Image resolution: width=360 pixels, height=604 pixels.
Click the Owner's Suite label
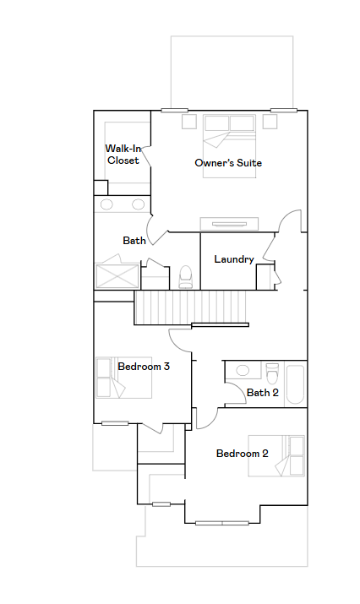point(228,163)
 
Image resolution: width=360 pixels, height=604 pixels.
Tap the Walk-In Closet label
point(123,155)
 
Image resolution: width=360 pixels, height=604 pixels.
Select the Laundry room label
point(234,259)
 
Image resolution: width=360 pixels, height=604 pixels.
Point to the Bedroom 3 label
point(144,367)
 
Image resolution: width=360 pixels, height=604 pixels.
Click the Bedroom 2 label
point(242,454)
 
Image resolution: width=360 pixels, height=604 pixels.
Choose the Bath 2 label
point(263,393)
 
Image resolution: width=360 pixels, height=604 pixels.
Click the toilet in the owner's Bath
point(186,276)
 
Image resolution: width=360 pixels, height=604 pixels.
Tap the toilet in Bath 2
point(272,373)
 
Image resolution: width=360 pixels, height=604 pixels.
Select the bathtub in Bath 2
point(296,384)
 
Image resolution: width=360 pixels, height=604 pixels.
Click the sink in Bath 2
point(243,371)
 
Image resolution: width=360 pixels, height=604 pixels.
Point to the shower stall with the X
point(117,275)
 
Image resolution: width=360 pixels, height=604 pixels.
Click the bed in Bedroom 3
point(123,378)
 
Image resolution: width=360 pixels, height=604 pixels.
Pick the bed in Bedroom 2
point(276,455)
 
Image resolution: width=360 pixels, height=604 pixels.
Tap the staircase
point(190,307)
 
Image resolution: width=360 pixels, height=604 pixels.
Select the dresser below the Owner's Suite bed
point(229,224)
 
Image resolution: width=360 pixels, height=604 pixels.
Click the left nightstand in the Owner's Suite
point(188,122)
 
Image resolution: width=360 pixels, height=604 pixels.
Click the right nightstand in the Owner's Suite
point(270,122)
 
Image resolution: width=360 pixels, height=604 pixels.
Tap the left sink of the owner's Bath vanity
point(106,204)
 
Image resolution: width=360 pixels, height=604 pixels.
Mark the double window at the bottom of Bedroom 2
point(222,523)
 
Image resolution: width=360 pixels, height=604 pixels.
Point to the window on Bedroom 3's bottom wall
point(115,423)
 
